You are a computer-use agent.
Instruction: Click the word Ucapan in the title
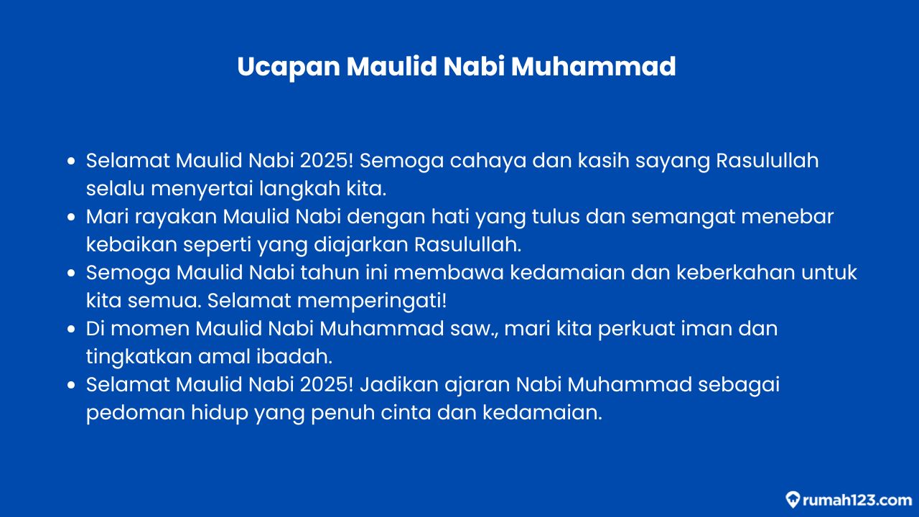(289, 67)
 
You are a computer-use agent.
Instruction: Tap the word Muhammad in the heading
(593, 66)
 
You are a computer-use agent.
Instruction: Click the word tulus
(556, 217)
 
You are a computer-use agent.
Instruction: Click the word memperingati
(372, 301)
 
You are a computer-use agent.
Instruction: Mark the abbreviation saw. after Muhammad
(473, 330)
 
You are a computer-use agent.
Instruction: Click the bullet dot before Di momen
(71, 329)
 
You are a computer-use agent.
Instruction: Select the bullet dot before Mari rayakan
(71, 217)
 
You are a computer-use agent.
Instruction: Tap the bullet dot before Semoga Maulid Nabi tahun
(71, 272)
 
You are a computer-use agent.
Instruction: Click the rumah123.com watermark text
(857, 500)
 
